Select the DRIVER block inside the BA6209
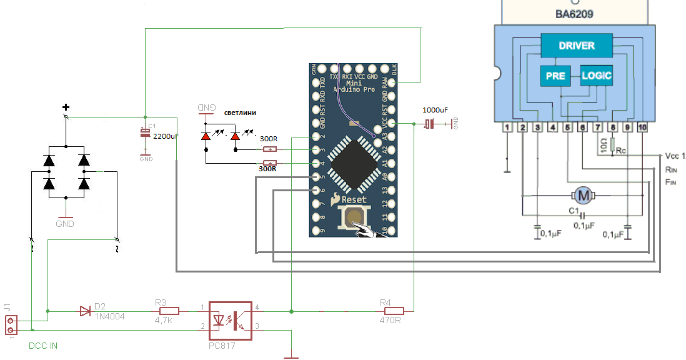tap(576, 46)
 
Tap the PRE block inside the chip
tap(555, 76)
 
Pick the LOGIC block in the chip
tap(596, 76)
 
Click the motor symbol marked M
tap(584, 196)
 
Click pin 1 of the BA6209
tap(507, 127)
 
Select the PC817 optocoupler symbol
tap(230, 320)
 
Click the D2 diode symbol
tap(86, 311)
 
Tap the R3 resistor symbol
tap(169, 311)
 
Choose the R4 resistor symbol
tap(394, 311)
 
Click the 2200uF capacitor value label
tap(165, 136)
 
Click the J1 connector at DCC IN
tap(11, 325)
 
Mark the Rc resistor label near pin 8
tap(620, 151)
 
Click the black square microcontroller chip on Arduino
tap(353, 162)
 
